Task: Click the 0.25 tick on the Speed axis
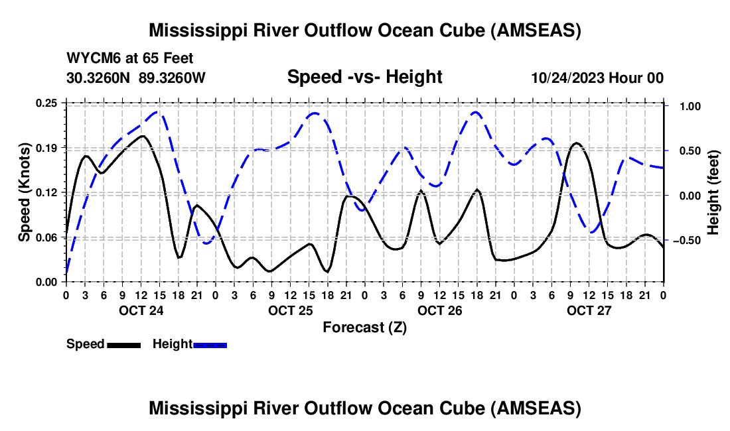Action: coord(46,103)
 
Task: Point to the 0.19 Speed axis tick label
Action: coord(46,147)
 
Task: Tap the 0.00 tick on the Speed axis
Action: coord(46,282)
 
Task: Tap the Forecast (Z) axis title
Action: coord(364,327)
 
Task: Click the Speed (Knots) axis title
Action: coord(24,192)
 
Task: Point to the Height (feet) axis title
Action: coord(713,192)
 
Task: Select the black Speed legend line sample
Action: coord(123,344)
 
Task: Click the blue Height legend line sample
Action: coord(210,344)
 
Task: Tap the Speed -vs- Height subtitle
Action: coord(364,77)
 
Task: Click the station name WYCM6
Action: coord(90,58)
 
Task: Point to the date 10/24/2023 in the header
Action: coord(568,78)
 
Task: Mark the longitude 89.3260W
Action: coord(173,78)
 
